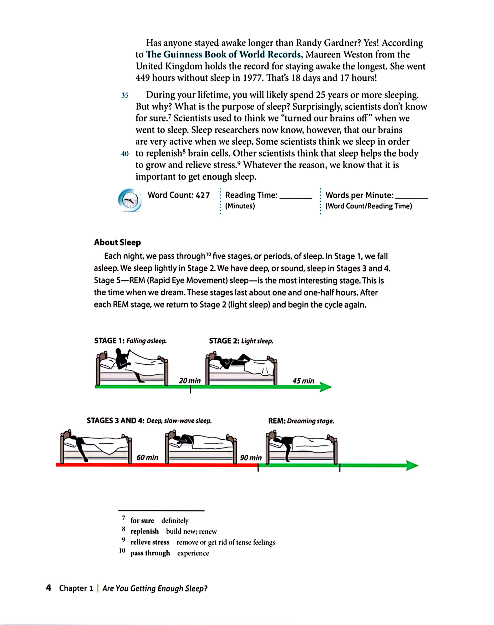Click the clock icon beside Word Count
tap(130, 200)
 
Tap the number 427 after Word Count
tap(203, 195)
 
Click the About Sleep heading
tap(117, 242)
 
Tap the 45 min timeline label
tap(303, 381)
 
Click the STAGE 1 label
tap(109, 341)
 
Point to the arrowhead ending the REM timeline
tap(412, 465)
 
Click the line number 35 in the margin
tap(125, 96)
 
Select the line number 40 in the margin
tap(125, 154)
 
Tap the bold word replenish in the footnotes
tap(145, 531)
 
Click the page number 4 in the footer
tap(49, 588)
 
